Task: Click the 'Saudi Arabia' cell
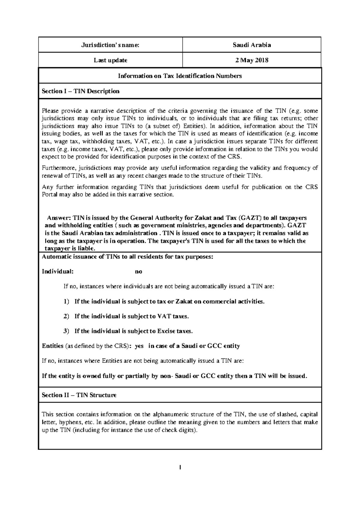point(252,45)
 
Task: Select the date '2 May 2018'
point(252,60)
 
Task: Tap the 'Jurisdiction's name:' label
point(110,45)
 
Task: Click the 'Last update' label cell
point(110,60)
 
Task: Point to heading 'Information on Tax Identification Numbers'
point(180,76)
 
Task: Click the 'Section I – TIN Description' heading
point(80,91)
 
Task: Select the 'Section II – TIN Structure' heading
point(79,395)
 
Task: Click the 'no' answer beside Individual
point(138,272)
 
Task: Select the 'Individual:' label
point(57,272)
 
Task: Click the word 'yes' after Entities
point(139,346)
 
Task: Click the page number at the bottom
point(180,467)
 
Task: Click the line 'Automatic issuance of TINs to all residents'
point(127,257)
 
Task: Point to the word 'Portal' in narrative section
point(48,195)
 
